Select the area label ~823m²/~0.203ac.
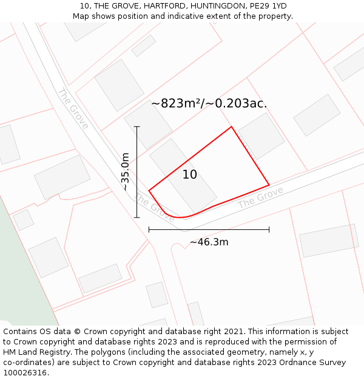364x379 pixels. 209,104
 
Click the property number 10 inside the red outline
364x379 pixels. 190,175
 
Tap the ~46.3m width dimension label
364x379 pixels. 209,242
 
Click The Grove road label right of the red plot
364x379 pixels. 260,198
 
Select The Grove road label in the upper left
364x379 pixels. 73,109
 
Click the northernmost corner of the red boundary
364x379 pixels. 231,127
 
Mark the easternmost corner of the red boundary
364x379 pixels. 269,185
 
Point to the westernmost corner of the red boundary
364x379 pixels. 149,191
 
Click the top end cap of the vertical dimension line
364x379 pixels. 137,127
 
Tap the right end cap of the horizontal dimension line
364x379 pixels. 269,230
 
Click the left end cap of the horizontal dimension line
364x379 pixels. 149,230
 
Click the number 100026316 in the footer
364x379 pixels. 24,373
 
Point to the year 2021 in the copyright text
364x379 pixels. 232,332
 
